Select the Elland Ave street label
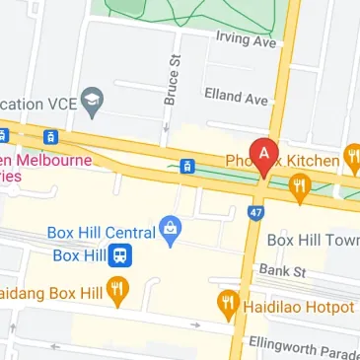(x=236, y=97)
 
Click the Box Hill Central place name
(x=101, y=234)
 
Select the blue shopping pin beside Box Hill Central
(x=171, y=231)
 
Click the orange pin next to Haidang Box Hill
(x=119, y=293)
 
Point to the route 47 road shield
(x=257, y=211)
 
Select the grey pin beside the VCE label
(x=93, y=101)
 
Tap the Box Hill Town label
(x=313, y=240)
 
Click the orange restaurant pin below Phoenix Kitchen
(x=301, y=184)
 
